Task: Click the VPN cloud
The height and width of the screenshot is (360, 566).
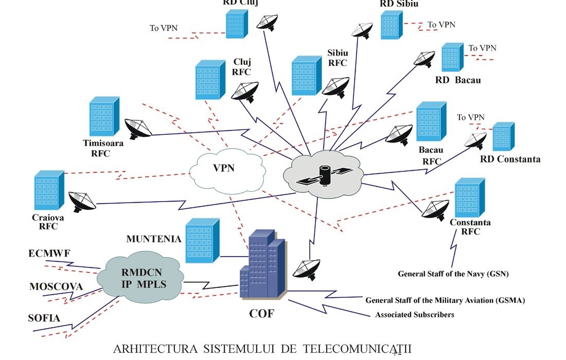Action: [x=227, y=170]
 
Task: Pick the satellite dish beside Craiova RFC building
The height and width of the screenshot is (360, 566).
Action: [x=81, y=202]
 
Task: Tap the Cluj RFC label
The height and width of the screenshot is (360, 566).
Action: [x=241, y=67]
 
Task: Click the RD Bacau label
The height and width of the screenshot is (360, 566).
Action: [x=458, y=80]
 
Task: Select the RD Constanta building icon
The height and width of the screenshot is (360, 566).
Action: [x=503, y=136]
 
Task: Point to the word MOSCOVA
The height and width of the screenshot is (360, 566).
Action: [x=56, y=286]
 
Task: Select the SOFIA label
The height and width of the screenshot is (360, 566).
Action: [x=44, y=318]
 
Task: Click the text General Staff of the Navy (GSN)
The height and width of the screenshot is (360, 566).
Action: [x=453, y=274]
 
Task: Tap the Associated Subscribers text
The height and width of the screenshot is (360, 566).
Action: [x=415, y=314]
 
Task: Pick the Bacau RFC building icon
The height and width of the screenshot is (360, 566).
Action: [x=430, y=122]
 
